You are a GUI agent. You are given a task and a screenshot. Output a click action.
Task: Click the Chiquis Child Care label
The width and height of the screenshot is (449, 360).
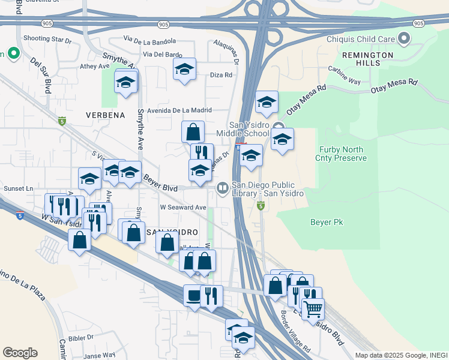360,40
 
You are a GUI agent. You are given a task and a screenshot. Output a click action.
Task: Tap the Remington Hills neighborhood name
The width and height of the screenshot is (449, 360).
367,59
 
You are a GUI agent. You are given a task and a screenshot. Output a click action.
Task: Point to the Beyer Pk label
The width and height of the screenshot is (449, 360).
327,223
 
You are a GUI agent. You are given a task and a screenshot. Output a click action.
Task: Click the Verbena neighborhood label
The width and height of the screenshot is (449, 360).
105,115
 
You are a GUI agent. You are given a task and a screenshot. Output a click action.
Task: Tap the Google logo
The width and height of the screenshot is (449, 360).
20,353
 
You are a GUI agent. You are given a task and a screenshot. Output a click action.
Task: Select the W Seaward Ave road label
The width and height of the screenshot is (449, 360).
182,207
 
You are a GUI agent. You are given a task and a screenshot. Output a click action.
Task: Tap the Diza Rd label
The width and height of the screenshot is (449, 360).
221,75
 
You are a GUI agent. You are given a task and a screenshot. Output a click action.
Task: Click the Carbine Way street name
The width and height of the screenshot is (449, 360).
344,76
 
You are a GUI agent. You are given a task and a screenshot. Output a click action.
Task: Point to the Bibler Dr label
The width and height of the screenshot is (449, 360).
80,338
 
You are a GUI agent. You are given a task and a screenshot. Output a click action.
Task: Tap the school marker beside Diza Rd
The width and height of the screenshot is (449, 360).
184,69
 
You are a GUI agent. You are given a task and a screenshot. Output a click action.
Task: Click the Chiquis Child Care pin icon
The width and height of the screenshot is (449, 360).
404,40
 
